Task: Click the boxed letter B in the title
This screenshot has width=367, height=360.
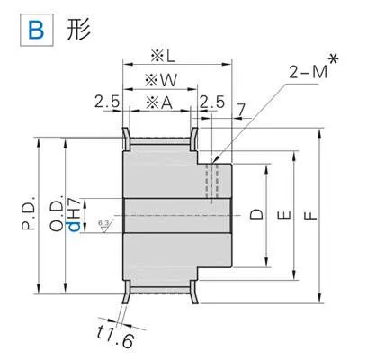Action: coord(37,31)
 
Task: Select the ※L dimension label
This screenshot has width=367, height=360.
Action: coord(163,56)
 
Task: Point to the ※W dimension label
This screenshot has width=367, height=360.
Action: coord(161,80)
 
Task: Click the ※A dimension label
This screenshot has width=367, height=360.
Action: coord(159,103)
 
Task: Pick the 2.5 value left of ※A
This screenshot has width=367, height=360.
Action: coord(107,102)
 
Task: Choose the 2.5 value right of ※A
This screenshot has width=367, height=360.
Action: coord(212,102)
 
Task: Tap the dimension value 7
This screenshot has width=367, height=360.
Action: coord(241,109)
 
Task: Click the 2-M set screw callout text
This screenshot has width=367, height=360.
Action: coord(309,72)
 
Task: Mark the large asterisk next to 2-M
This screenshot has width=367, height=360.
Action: coord(334,59)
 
